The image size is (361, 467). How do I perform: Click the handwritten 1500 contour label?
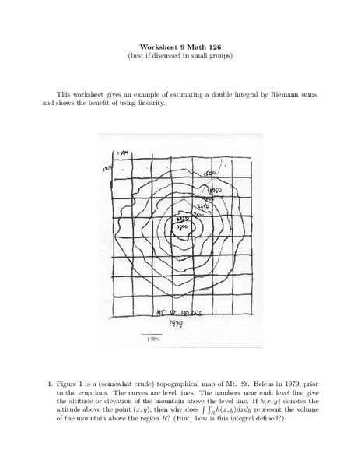pyautogui.click(x=209, y=174)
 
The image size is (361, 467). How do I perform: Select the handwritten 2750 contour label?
pyautogui.click(x=184, y=220)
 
